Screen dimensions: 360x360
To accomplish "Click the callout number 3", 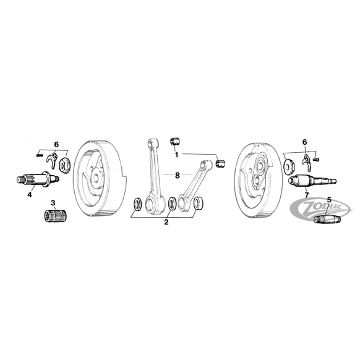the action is click(x=53, y=203).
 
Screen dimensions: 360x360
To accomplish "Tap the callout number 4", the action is click(x=30, y=195).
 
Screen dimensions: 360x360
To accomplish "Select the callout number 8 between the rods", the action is click(x=177, y=176).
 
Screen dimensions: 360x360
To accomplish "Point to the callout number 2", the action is click(x=166, y=222).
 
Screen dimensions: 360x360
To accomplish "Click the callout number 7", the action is click(x=307, y=195).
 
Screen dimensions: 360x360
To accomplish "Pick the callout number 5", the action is click(x=329, y=200).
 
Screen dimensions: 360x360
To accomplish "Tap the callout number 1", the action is click(x=176, y=155).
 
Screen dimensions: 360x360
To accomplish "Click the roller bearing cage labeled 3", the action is click(x=54, y=214).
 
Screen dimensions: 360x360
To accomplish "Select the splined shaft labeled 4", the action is click(x=38, y=179).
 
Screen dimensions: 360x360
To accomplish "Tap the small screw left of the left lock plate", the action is click(x=40, y=155).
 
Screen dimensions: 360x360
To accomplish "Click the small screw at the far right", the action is click(x=316, y=159).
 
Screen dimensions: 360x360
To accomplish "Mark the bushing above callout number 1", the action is click(x=175, y=141).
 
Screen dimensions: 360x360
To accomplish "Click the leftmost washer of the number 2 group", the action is click(x=138, y=204).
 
